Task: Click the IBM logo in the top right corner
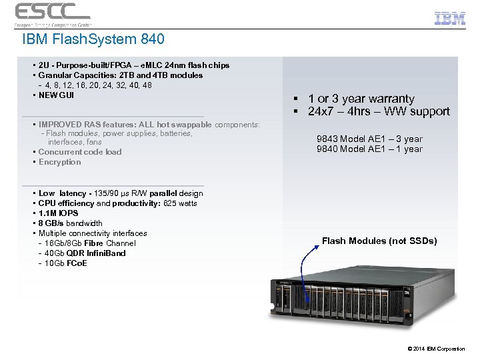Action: click(449, 18)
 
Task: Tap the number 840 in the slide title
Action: click(152, 40)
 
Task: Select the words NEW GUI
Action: click(57, 95)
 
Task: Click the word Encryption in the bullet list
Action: click(59, 162)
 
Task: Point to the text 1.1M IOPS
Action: click(58, 213)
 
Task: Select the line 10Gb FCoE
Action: click(65, 263)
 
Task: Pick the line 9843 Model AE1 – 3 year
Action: click(369, 139)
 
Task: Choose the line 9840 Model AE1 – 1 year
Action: click(369, 149)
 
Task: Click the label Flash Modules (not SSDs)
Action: click(379, 241)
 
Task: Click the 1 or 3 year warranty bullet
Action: click(361, 99)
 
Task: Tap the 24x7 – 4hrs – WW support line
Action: click(379, 112)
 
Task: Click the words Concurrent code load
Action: click(80, 152)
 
